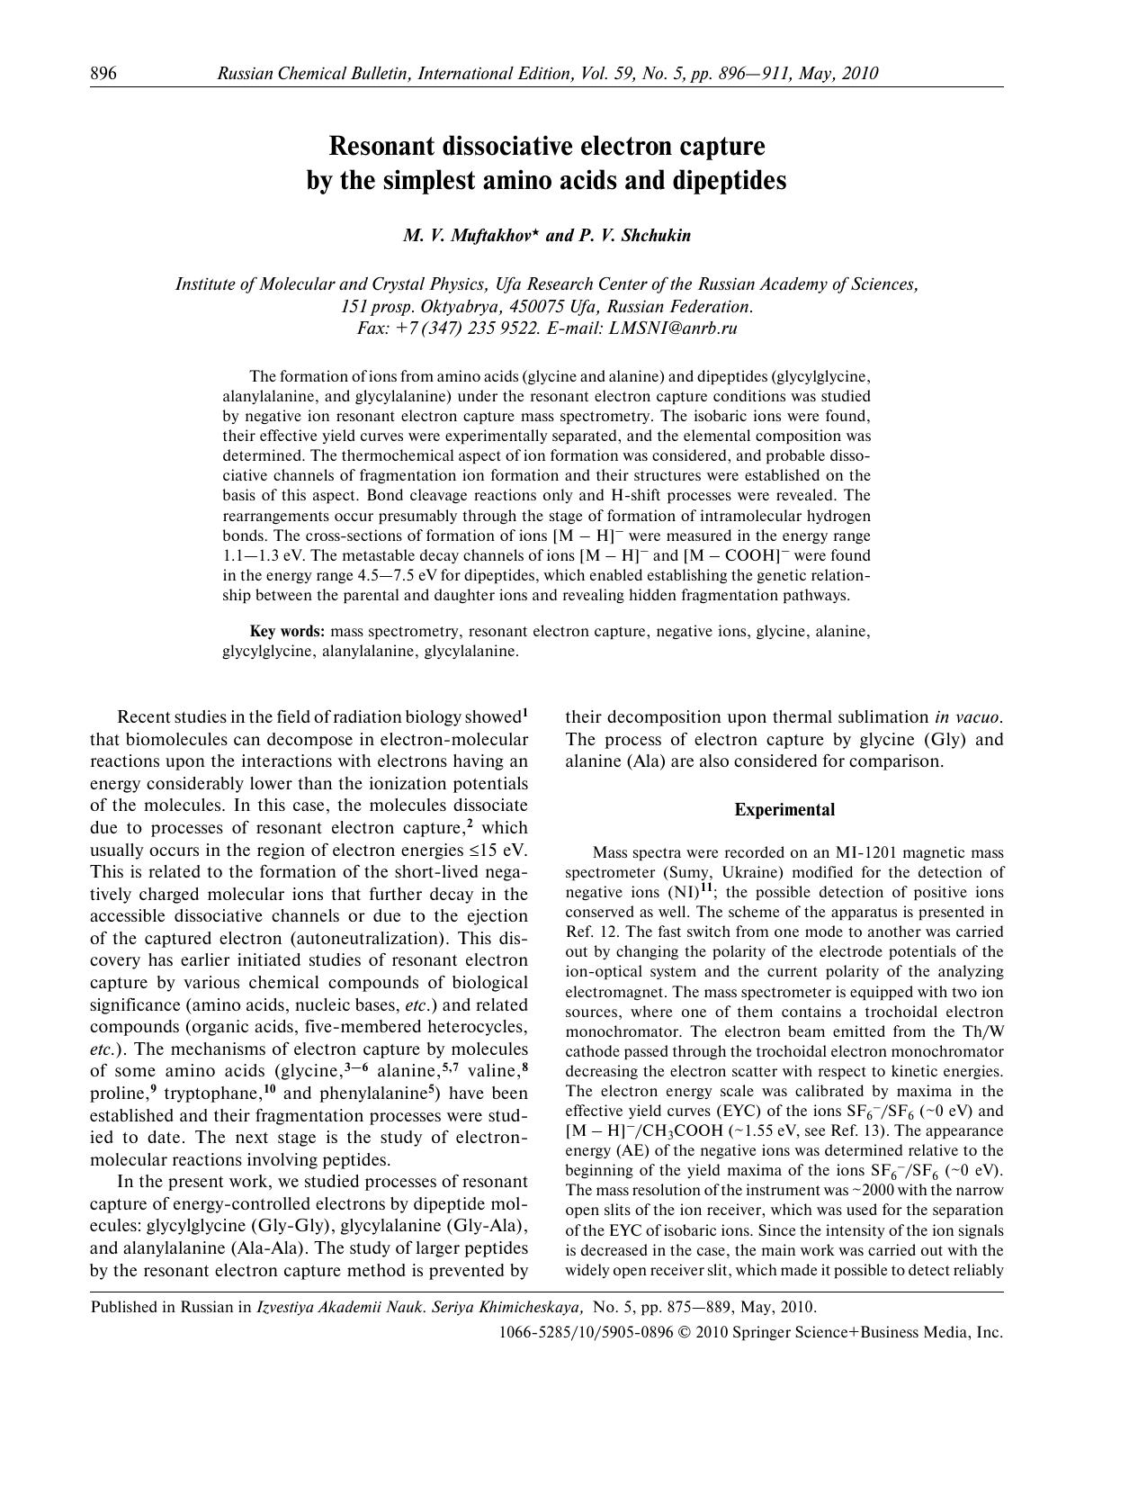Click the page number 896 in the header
103,74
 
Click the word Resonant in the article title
389,146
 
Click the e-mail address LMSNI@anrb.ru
673,329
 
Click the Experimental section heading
784,810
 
